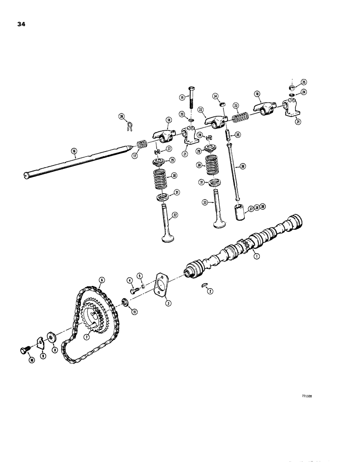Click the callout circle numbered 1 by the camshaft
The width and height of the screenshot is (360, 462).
[257, 255]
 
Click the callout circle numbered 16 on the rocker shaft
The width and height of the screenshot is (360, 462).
[74, 151]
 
